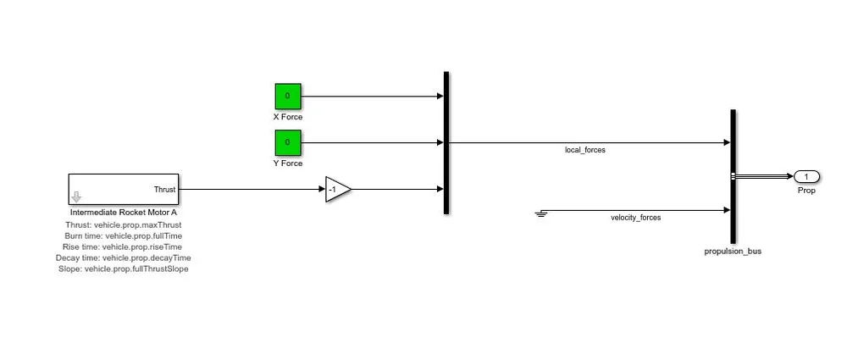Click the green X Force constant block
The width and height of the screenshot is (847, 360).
(287, 96)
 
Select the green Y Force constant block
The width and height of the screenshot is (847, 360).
(287, 142)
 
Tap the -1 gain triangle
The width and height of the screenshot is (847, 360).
(336, 190)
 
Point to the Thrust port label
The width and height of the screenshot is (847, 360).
(164, 190)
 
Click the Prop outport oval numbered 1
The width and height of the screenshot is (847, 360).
(806, 176)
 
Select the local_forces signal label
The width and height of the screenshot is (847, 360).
(585, 150)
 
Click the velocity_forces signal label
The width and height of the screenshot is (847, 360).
(635, 218)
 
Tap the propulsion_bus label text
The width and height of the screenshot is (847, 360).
(733, 252)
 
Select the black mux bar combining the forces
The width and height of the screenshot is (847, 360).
(446, 142)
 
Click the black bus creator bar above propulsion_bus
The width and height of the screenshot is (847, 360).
(732, 176)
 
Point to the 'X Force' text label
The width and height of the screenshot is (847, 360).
(287, 117)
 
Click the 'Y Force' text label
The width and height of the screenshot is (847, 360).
(287, 163)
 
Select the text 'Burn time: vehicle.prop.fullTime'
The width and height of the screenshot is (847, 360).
(124, 235)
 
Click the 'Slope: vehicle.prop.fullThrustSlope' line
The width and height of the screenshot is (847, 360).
(124, 269)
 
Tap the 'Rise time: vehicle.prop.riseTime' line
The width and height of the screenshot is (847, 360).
(124, 246)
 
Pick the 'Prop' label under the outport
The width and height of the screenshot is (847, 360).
(806, 191)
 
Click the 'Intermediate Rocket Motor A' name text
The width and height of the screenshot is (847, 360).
(124, 212)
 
